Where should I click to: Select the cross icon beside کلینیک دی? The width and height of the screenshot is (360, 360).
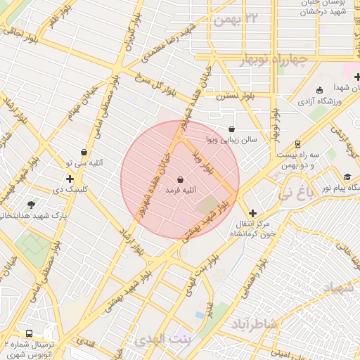tap(70, 179)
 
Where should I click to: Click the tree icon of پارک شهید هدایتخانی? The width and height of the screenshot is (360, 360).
tap(31, 205)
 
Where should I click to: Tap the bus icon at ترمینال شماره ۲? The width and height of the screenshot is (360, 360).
tap(29, 333)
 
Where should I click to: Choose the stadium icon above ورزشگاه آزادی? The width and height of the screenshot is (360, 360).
tap(320, 91)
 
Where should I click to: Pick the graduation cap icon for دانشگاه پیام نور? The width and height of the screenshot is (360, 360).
tap(347, 176)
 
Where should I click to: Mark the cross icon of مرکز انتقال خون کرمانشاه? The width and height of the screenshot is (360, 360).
tap(252, 213)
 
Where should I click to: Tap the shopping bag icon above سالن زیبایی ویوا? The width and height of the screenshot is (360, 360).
tap(232, 129)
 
